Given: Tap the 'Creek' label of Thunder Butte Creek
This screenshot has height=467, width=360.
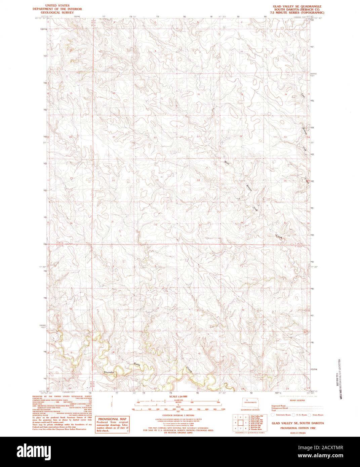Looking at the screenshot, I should [189, 370].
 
